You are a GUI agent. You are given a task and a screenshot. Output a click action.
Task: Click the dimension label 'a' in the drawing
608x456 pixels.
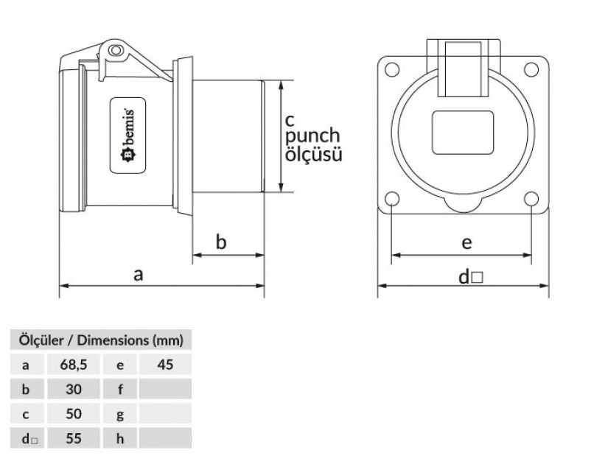(x=138, y=274)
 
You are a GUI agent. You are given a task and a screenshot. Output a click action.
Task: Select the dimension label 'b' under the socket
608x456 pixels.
(x=221, y=242)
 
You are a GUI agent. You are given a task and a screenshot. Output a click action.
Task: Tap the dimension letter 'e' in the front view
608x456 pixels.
(x=466, y=242)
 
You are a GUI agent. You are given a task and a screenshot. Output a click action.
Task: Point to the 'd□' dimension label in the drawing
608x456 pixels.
(x=469, y=277)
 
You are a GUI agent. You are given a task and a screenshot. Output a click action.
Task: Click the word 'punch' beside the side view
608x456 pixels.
(x=312, y=136)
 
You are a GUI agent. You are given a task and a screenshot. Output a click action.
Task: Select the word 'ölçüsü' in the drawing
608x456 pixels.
(x=312, y=155)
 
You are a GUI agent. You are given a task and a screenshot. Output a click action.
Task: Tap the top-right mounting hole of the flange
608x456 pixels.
(x=531, y=70)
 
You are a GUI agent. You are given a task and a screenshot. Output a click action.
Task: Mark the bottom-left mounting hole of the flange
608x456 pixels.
(x=393, y=199)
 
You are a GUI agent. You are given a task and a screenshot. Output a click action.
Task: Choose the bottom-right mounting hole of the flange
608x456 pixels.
(x=531, y=199)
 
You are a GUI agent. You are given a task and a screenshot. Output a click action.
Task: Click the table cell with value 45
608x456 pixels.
(x=164, y=364)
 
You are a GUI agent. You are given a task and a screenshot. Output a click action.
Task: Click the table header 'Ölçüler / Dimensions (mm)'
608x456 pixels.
(x=101, y=340)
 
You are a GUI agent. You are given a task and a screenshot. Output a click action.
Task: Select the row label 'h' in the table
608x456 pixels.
(x=121, y=438)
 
